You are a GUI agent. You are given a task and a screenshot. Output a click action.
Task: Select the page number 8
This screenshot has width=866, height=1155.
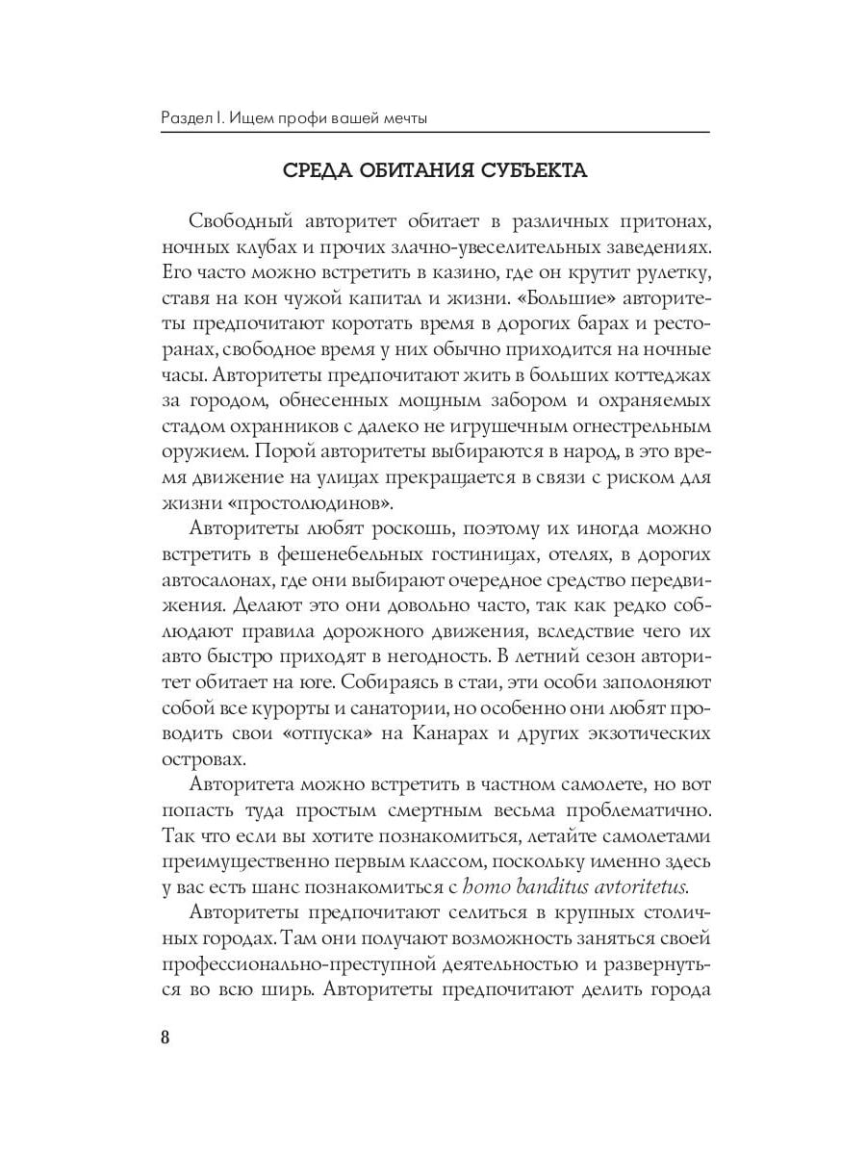(x=165, y=1039)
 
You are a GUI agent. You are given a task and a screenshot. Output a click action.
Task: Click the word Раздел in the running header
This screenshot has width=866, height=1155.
(x=185, y=118)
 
